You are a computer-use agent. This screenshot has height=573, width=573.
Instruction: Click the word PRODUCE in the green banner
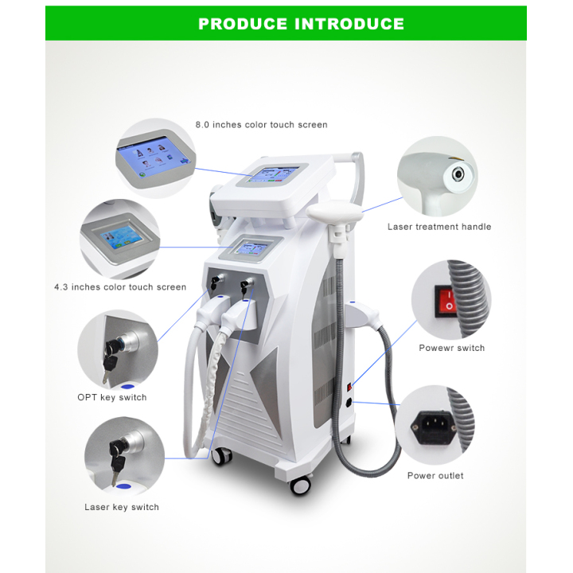click(x=243, y=24)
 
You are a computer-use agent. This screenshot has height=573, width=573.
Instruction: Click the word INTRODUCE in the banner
click(x=349, y=24)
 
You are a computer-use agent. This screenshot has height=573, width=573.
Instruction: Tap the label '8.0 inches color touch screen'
click(x=261, y=125)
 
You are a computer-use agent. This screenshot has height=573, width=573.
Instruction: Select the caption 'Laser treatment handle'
click(x=439, y=227)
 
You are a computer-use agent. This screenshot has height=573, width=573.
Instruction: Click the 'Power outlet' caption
click(x=435, y=475)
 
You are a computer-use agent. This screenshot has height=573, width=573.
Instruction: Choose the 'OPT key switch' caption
click(x=112, y=397)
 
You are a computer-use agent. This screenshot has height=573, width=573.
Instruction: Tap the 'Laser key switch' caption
click(x=122, y=507)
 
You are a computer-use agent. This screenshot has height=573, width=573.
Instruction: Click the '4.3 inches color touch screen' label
click(x=120, y=287)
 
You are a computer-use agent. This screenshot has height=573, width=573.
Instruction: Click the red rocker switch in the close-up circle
click(x=446, y=302)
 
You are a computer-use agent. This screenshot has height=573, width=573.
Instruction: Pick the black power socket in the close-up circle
click(x=434, y=427)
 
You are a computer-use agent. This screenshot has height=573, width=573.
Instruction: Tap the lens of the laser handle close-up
click(x=458, y=174)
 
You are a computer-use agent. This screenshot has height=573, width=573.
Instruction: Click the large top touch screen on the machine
click(x=273, y=174)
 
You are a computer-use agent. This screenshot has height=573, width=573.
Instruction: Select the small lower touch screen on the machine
click(x=252, y=248)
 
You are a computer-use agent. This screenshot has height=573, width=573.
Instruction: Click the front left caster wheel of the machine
click(x=221, y=456)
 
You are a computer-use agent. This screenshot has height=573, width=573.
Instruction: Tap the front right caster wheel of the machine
click(x=300, y=485)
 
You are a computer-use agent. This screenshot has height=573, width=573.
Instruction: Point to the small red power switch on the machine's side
click(x=349, y=387)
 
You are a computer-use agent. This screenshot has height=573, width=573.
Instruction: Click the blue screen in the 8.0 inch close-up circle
click(x=154, y=156)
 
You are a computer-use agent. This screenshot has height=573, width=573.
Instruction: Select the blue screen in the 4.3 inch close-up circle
click(x=122, y=236)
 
